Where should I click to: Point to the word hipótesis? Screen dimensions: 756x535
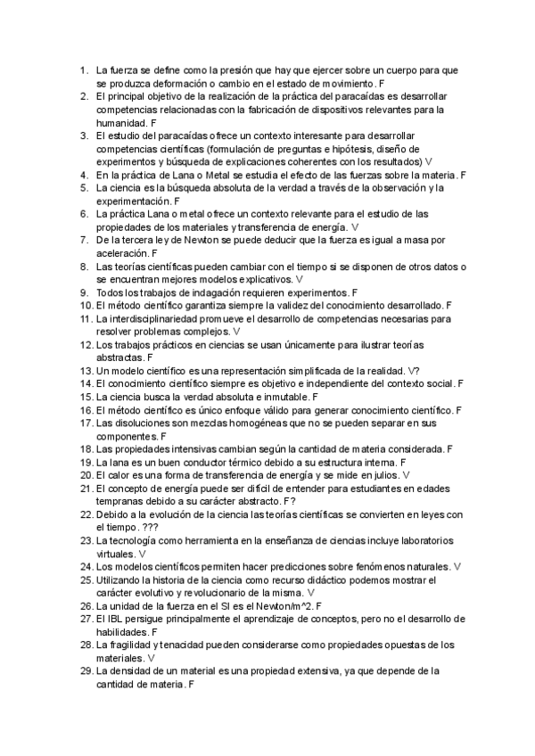point(338,149)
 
